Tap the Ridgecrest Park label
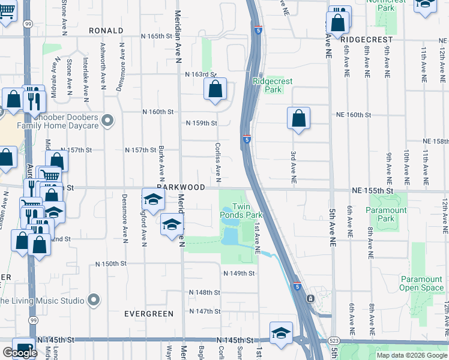267,85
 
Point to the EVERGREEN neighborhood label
148,314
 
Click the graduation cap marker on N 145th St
280,334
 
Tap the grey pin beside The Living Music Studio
93,299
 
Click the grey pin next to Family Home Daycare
107,121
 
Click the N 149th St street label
239,273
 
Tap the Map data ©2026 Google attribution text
411,355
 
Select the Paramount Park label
387,214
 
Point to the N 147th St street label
205,311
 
